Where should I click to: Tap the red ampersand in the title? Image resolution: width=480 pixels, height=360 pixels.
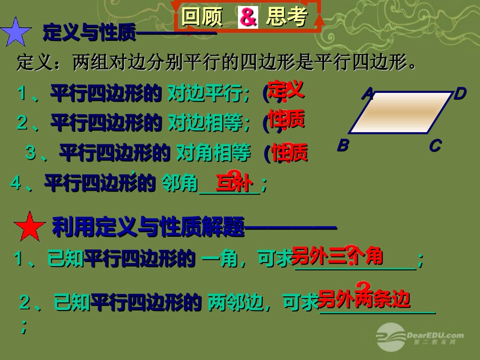point(248,18)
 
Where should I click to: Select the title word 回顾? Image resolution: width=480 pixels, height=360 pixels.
point(202,18)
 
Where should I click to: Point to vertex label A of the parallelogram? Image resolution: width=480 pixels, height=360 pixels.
point(368,94)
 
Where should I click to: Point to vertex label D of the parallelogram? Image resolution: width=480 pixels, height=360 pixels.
point(459,94)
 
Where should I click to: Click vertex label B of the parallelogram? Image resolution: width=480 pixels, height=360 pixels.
point(343,146)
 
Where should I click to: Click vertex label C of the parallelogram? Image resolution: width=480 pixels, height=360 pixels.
point(435,146)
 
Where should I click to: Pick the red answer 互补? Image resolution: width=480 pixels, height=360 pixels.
point(233,183)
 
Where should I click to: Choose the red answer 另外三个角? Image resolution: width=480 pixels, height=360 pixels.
point(337,256)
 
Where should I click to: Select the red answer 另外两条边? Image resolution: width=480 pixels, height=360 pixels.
point(363,299)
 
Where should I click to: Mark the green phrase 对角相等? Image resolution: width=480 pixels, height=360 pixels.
point(213,153)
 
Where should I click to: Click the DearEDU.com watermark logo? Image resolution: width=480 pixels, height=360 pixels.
point(419,336)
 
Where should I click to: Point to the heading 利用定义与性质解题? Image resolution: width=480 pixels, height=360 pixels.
point(149,228)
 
